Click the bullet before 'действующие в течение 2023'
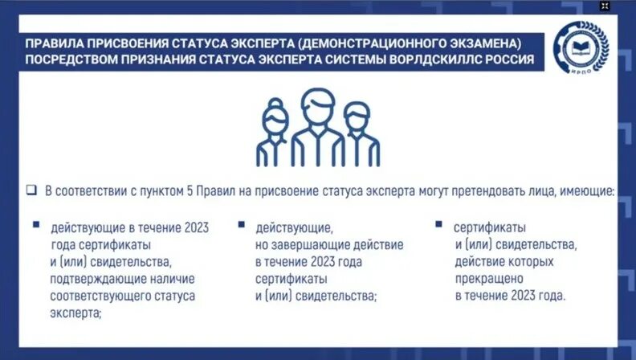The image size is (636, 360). pos(35,225)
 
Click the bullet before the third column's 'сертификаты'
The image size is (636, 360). pos(438,225)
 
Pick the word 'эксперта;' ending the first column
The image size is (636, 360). pos(75,313)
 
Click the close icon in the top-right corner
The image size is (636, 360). pos(605,5)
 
